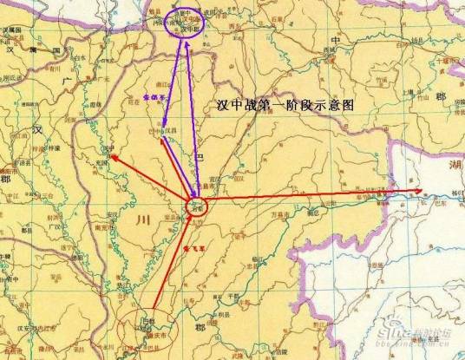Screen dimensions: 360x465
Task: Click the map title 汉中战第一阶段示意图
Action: click(x=285, y=104)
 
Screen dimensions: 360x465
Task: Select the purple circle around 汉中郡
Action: click(x=181, y=21)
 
